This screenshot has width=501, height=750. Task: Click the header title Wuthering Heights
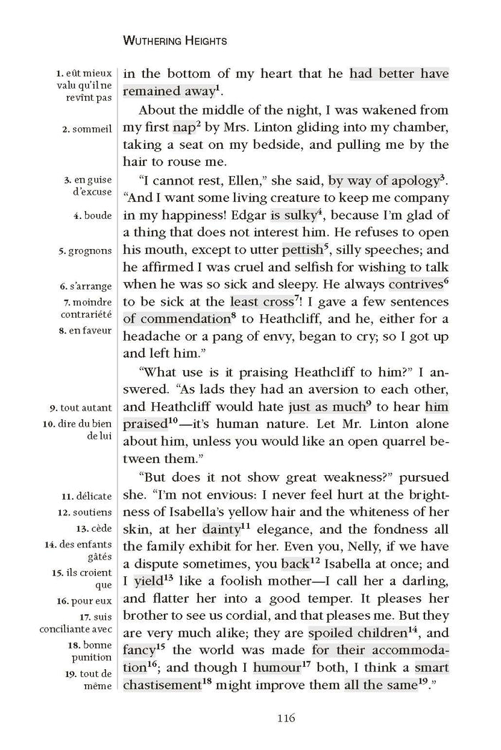click(175, 42)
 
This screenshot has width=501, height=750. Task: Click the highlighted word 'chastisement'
click(162, 685)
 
